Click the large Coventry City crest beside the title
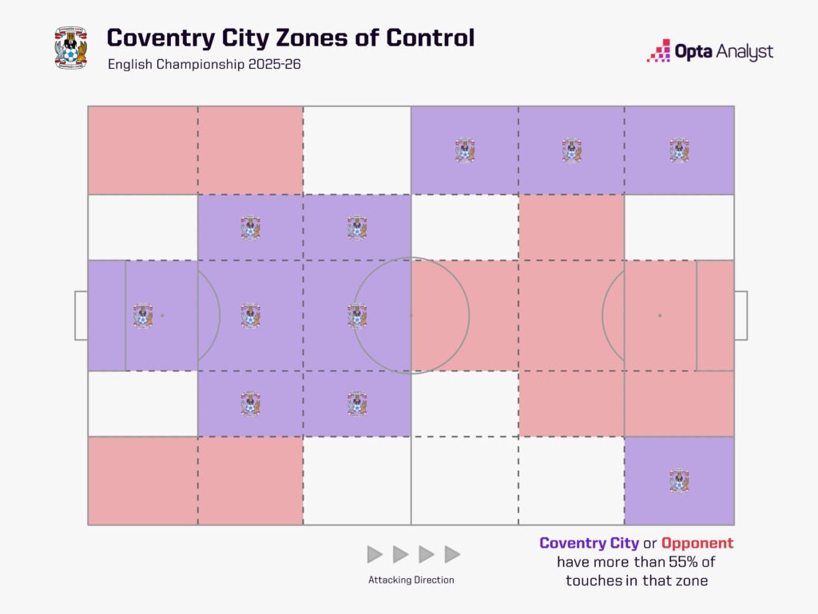pyautogui.click(x=70, y=47)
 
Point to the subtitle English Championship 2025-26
pyautogui.click(x=204, y=65)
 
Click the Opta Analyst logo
pyautogui.click(x=709, y=52)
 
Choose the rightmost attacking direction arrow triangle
pyautogui.click(x=453, y=554)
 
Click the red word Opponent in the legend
pyautogui.click(x=697, y=544)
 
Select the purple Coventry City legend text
pyautogui.click(x=589, y=544)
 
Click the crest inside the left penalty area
pyautogui.click(x=143, y=316)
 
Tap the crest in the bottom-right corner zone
pyautogui.click(x=679, y=480)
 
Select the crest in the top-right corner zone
pyautogui.click(x=679, y=150)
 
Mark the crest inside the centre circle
pyautogui.click(x=357, y=316)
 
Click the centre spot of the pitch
pyautogui.click(x=411, y=316)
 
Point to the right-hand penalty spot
pyautogui.click(x=660, y=316)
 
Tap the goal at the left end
pyautogui.click(x=81, y=316)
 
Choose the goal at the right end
pyautogui.click(x=741, y=316)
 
